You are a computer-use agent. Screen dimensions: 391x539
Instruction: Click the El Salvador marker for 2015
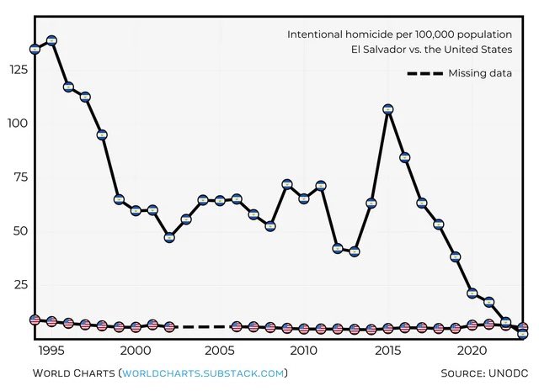click(388, 109)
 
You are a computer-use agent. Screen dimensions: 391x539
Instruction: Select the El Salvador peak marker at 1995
click(51, 40)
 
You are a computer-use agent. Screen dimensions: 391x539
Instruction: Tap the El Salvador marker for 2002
click(169, 238)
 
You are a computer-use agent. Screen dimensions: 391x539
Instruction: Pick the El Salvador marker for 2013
click(355, 251)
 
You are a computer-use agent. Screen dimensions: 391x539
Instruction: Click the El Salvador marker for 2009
click(287, 184)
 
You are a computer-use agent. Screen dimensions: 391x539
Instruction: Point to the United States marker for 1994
click(35, 320)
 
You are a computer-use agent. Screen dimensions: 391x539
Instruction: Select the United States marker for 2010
click(304, 329)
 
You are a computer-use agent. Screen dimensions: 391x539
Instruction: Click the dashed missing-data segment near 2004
click(203, 326)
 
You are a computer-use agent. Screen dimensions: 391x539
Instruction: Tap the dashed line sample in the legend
click(424, 73)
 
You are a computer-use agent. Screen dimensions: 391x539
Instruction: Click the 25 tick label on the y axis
click(19, 285)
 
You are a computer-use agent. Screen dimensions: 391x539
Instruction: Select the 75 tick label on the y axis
click(19, 177)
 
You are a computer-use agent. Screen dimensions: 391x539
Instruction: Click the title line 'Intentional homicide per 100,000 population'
click(399, 34)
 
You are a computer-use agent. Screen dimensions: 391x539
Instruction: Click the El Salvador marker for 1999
click(119, 199)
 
